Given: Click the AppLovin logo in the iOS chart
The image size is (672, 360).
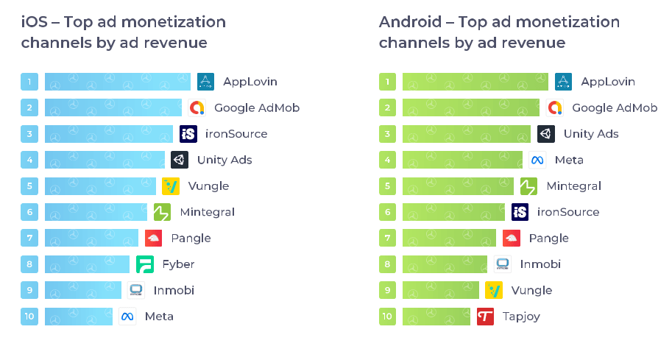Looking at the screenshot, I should click(205, 82).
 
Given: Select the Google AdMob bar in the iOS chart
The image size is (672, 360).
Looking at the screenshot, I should click(113, 107).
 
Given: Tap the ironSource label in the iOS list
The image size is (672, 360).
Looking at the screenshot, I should click(236, 134).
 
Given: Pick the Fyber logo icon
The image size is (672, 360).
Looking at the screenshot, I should click(145, 264).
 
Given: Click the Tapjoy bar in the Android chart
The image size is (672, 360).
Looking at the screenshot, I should click(436, 317).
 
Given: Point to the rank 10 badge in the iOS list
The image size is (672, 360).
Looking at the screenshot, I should click(29, 317).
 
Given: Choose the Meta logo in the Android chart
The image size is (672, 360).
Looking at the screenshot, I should click(537, 160).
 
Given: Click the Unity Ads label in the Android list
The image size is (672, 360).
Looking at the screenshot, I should click(591, 134).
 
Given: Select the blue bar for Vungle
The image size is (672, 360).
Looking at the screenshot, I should click(101, 186).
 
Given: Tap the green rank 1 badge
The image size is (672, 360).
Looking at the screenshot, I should click(387, 82).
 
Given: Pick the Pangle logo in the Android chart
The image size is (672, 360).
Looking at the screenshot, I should click(512, 239).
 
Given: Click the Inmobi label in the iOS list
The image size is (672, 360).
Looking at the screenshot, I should click(174, 290).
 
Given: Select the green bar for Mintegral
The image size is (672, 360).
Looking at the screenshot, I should click(458, 186).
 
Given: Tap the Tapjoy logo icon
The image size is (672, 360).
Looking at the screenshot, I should click(485, 317).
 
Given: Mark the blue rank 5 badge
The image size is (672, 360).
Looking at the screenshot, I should click(29, 186).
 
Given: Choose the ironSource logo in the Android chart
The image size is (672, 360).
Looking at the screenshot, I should click(520, 212).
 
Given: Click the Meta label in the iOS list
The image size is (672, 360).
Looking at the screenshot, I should click(159, 317).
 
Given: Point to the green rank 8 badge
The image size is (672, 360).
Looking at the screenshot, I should click(387, 264).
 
